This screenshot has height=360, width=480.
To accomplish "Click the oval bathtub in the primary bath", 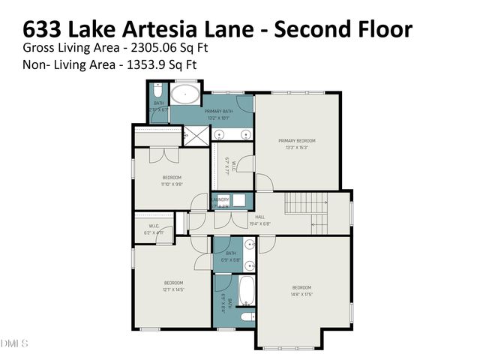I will (184, 95).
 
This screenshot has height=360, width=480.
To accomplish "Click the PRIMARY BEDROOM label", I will (297, 141).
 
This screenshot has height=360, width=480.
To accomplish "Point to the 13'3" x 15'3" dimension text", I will (297, 148).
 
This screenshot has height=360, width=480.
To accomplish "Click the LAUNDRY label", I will (220, 199).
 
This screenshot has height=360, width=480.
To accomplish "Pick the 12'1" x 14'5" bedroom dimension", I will (172, 289).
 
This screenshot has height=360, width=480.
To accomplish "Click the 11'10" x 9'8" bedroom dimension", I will (172, 184).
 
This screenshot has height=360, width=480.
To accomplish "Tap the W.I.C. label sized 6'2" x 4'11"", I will (153, 233).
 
